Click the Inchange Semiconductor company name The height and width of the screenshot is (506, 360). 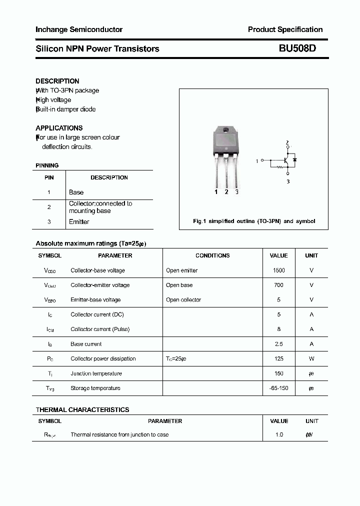79,29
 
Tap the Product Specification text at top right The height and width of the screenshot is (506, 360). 285,29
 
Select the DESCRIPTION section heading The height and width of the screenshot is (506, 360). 57,81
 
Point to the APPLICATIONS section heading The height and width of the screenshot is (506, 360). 59,128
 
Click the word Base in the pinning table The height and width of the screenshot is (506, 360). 76,192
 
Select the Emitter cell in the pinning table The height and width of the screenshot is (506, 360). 79,222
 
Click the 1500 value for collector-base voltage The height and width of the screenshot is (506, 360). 278,270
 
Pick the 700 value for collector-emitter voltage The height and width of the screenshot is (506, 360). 278,285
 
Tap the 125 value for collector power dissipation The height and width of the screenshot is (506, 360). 278,358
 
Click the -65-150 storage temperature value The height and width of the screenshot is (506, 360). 278,388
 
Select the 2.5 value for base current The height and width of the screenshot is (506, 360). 278,344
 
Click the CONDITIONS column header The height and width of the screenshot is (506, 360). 212,255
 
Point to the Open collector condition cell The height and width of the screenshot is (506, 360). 183,300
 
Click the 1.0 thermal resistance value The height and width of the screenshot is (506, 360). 278,434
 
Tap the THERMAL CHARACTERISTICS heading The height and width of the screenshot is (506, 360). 82,409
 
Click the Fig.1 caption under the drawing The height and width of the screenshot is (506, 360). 254,221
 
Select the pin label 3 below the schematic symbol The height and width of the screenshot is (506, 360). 288,182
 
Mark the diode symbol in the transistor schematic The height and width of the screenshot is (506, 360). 294,159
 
